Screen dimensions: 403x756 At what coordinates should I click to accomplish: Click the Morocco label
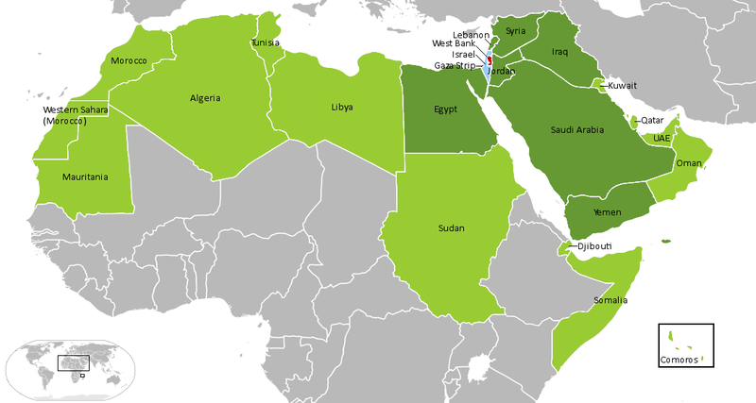pos(129,61)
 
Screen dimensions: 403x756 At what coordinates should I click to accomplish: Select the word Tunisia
pos(266,43)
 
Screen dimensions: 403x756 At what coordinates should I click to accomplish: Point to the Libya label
pos(342,108)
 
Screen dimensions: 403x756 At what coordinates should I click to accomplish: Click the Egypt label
pos(446,109)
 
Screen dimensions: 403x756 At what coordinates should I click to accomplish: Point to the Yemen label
pos(607,213)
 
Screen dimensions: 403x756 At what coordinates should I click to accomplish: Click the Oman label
pos(689,162)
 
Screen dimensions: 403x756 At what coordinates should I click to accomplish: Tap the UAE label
pos(661,138)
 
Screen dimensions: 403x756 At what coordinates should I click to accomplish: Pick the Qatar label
pos(652,121)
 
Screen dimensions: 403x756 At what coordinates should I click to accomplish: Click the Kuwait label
pos(623,86)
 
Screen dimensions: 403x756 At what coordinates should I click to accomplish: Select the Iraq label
pos(560,53)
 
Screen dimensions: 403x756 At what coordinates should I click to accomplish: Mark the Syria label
pos(515,31)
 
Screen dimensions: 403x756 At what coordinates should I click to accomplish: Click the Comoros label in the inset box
pos(679,361)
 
